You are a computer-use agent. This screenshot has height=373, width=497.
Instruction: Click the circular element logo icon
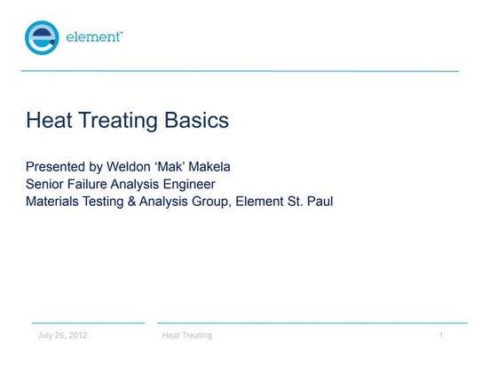pos(42,38)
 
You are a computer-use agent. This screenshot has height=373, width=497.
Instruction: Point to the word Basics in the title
pos(196,120)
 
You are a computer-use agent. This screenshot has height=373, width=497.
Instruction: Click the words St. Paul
pos(310,202)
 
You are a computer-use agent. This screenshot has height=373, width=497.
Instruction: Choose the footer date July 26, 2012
pos(62,336)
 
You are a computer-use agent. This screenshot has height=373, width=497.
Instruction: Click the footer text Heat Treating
pos(186,336)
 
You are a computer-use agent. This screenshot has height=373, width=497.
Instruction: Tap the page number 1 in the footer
pos(440,336)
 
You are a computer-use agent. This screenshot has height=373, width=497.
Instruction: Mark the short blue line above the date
pos(87,322)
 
